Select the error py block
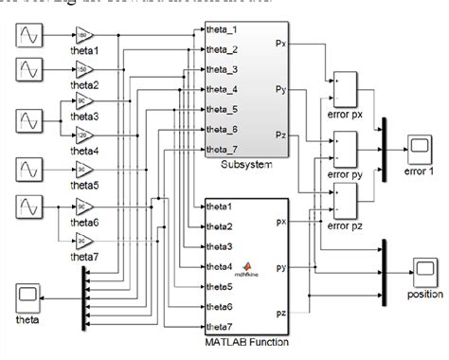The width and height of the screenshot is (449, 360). tap(343, 146)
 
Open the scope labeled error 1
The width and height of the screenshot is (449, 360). tap(418, 145)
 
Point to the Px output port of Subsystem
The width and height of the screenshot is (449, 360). tap(281, 44)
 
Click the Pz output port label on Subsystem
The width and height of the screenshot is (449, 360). tap(281, 135)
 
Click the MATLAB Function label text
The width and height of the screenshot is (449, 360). tap(246, 342)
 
